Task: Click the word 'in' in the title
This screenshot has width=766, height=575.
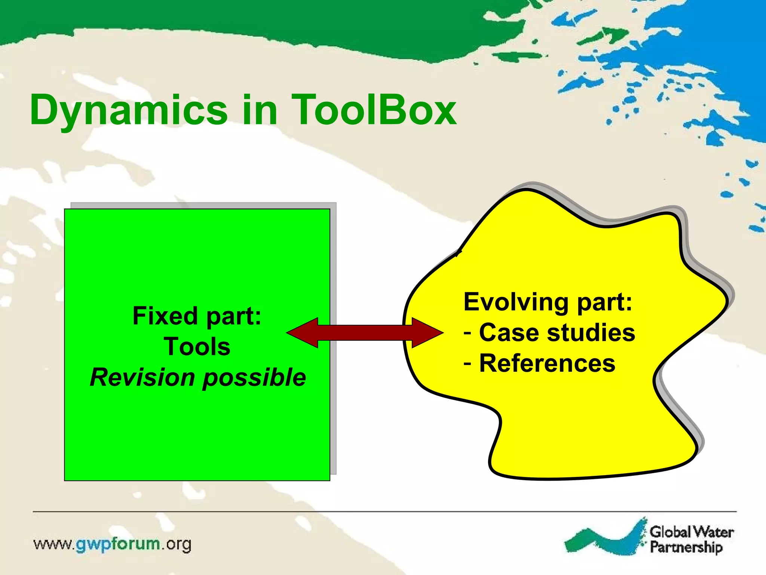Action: pyautogui.click(x=259, y=110)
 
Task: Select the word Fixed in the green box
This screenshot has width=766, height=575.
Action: pyautogui.click(x=165, y=316)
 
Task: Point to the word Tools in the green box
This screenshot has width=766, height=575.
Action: pyautogui.click(x=197, y=347)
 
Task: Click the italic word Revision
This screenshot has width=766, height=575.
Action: pyautogui.click(x=143, y=377)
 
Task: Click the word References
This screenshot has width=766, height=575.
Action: pyautogui.click(x=547, y=363)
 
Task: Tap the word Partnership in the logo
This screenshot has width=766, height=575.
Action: pyautogui.click(x=686, y=547)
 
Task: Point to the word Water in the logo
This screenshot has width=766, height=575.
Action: pyautogui.click(x=713, y=532)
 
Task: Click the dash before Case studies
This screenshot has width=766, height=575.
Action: pyautogui.click(x=468, y=332)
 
